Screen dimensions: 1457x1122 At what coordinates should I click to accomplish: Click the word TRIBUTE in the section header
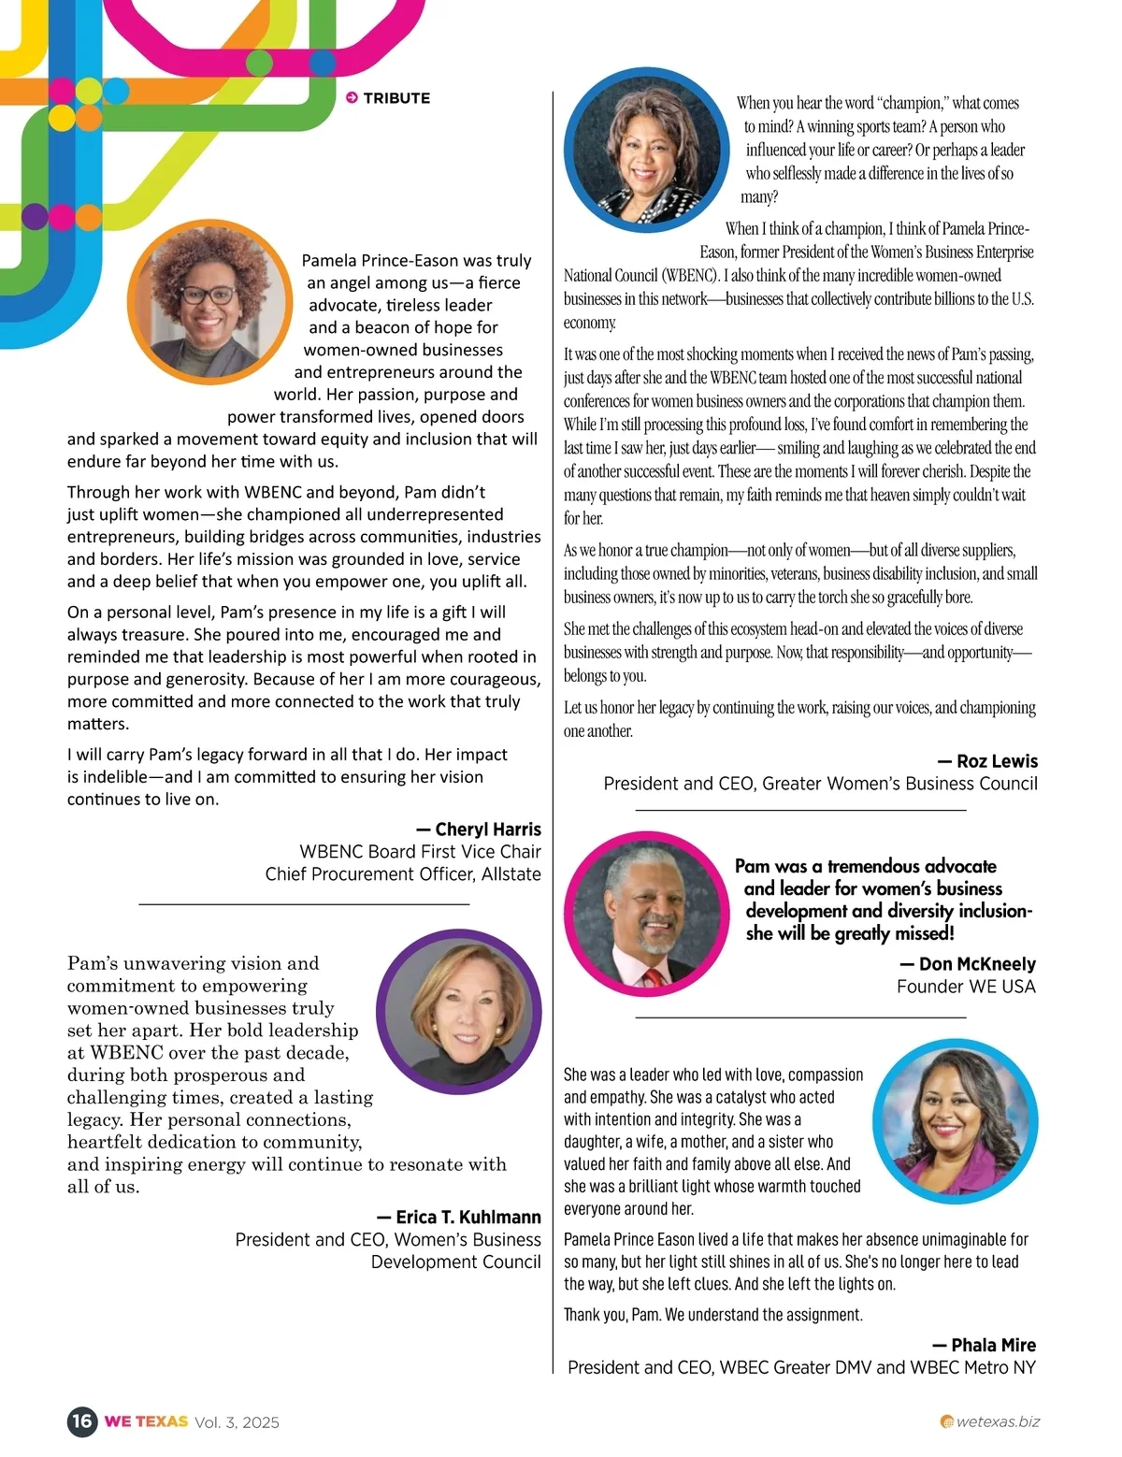(x=396, y=97)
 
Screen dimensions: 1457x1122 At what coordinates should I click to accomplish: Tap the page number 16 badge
(x=82, y=1421)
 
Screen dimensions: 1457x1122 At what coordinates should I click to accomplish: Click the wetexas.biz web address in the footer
(x=998, y=1421)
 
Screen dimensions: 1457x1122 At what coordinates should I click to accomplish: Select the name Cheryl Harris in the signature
(x=488, y=829)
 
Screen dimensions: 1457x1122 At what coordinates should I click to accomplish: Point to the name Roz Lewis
(x=997, y=760)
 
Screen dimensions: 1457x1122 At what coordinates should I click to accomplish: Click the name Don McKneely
(x=977, y=963)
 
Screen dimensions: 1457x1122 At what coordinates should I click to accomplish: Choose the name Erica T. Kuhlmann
(x=468, y=1217)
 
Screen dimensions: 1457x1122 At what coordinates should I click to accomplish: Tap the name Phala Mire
(x=993, y=1345)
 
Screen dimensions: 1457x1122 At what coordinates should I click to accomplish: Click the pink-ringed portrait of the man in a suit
(x=647, y=914)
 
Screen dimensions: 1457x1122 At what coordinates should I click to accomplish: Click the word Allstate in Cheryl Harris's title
(x=511, y=873)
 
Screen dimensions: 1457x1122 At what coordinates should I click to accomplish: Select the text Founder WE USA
(x=966, y=986)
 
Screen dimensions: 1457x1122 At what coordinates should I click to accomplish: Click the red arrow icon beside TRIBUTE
(x=352, y=97)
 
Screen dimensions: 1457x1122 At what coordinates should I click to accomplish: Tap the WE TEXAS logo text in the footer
(x=146, y=1421)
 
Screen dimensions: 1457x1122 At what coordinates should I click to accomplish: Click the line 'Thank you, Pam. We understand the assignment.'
(x=712, y=1314)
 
